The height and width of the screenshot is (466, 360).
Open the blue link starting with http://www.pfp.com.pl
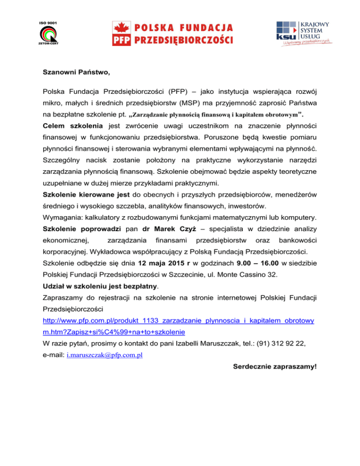[178, 320]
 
